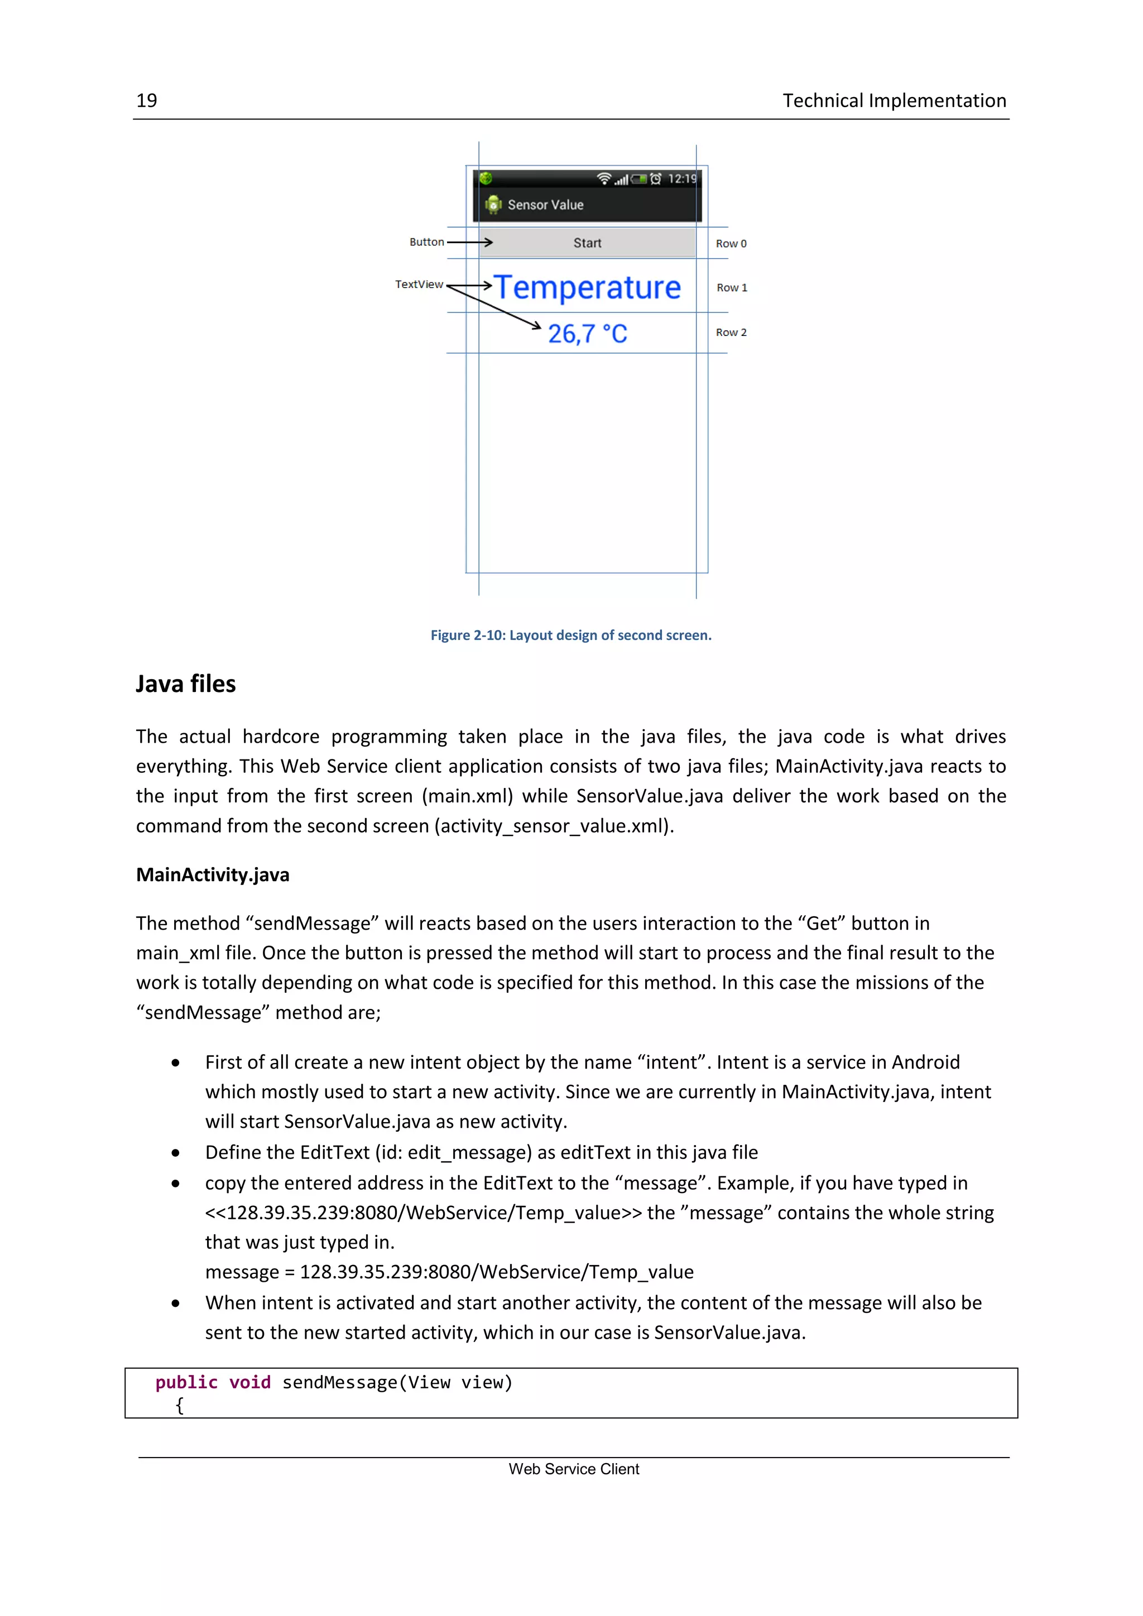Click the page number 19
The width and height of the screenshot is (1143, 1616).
tap(146, 100)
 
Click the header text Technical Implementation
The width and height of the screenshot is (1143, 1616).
tap(894, 100)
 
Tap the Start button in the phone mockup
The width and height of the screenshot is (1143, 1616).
tap(587, 243)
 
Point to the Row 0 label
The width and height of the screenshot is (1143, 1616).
tap(731, 243)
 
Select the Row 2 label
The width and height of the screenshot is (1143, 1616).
tap(731, 332)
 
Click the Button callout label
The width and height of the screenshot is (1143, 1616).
tap(426, 242)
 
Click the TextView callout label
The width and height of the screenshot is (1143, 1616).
tap(419, 285)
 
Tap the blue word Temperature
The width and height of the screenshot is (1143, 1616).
tap(587, 287)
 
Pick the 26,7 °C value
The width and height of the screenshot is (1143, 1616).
tap(587, 334)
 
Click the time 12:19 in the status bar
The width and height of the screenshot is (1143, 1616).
tap(681, 179)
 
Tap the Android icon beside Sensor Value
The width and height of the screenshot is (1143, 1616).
tap(493, 204)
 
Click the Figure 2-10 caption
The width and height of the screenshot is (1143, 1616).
tap(571, 635)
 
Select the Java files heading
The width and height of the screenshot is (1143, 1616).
tap(186, 684)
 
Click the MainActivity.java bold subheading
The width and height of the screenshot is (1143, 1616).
tap(213, 875)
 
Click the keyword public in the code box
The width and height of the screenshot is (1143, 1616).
tap(186, 1382)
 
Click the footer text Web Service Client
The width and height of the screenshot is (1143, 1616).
tap(574, 1469)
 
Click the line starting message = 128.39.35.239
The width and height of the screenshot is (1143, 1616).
tap(449, 1272)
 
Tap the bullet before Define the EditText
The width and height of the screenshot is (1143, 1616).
tap(175, 1153)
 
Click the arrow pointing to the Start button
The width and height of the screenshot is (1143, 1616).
tap(469, 242)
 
